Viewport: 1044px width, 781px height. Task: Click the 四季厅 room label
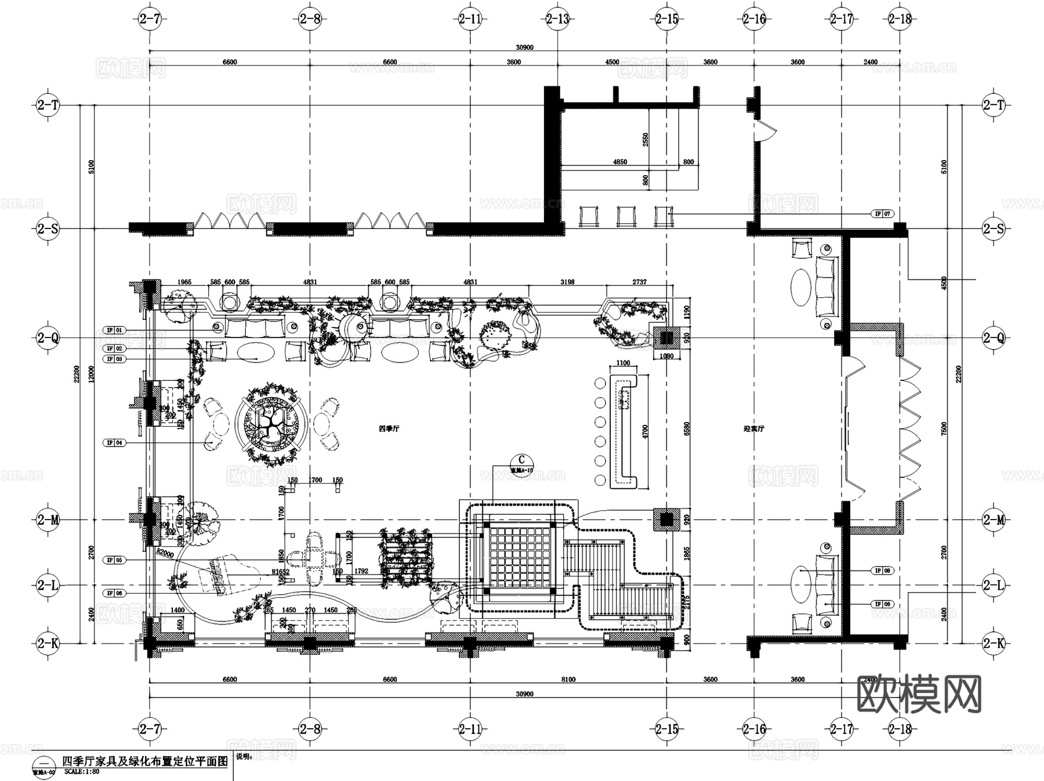click(x=389, y=429)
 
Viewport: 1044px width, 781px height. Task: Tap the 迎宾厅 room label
click(x=754, y=429)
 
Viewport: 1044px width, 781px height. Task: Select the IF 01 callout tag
click(x=114, y=330)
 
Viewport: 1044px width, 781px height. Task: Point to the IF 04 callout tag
click(x=114, y=442)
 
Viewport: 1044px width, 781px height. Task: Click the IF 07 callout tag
click(x=883, y=214)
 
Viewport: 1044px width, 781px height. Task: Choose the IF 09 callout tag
click(x=883, y=604)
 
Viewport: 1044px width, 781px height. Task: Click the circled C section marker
click(x=521, y=460)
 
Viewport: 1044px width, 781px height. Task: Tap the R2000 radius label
click(x=165, y=554)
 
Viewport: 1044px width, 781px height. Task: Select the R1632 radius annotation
click(x=280, y=572)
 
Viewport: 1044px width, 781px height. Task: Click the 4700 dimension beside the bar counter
click(x=646, y=431)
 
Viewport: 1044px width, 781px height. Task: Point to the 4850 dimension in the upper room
click(x=619, y=162)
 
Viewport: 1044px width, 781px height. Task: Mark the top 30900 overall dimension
click(x=524, y=48)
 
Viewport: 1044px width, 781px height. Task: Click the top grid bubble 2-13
click(x=557, y=19)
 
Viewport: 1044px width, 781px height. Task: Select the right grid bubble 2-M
click(x=993, y=520)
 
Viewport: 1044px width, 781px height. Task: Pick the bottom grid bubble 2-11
click(x=470, y=729)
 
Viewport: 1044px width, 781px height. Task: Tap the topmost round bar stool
click(x=600, y=383)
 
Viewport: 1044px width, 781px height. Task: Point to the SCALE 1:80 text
click(x=82, y=772)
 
